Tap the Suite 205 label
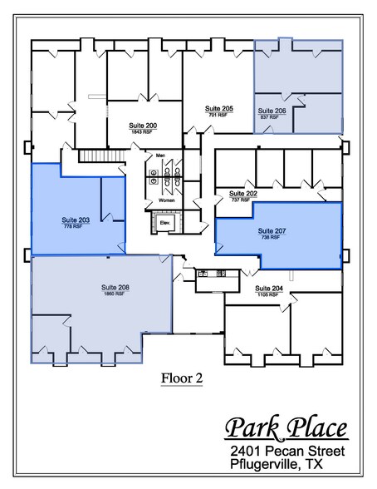[x=219, y=109]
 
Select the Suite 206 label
[x=272, y=111]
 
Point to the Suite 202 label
[x=243, y=194]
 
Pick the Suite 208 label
[x=115, y=288]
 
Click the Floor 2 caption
[x=182, y=378]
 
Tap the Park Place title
[x=286, y=429]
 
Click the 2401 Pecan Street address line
[x=289, y=450]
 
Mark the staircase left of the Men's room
[x=95, y=156]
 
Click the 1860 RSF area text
[x=115, y=294]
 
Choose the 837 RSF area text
[x=268, y=116]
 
